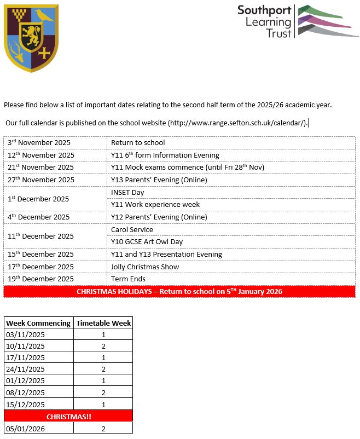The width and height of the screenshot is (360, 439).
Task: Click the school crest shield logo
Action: (31, 38)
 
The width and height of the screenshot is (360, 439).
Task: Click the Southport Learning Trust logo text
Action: (264, 22)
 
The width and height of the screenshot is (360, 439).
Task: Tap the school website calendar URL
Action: (237, 123)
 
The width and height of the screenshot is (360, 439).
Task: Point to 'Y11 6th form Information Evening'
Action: (165, 155)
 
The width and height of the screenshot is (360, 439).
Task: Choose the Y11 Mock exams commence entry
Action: (195, 167)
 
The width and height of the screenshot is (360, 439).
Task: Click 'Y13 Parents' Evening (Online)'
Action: (159, 180)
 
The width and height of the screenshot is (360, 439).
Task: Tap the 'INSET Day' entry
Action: (127, 193)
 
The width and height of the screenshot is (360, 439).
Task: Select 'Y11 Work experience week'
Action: (155, 205)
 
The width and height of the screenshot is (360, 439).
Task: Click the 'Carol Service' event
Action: (132, 230)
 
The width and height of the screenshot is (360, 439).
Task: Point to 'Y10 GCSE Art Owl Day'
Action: (147, 242)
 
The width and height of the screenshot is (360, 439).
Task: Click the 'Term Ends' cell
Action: (128, 279)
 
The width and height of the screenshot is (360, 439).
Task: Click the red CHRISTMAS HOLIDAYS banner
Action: (179, 292)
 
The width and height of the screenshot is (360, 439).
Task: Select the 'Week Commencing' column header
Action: (38, 323)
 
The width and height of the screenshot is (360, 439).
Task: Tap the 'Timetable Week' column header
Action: (103, 323)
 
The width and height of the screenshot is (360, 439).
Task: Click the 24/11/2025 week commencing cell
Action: (25, 369)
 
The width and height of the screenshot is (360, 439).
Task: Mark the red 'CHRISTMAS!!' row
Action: (68, 417)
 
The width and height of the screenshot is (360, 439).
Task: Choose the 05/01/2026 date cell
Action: (25, 429)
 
